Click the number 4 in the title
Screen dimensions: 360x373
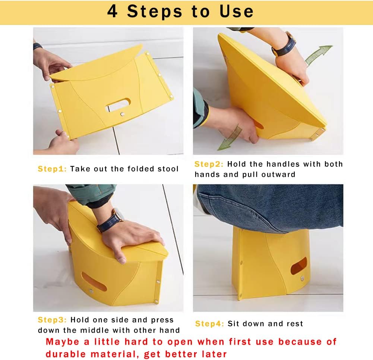[x=113, y=11]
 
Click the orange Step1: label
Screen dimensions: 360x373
[x=52, y=169]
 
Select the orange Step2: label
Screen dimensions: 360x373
[x=209, y=164]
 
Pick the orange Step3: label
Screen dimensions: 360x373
[x=52, y=320]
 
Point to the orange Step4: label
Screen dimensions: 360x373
[x=209, y=323]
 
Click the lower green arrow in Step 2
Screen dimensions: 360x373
[x=230, y=138]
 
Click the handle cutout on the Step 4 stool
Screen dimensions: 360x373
[x=298, y=265]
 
